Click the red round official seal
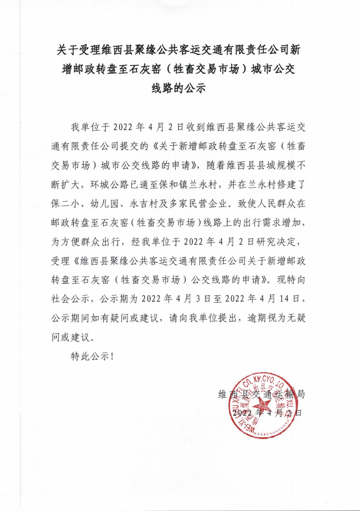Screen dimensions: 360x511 (x=259, y=405)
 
